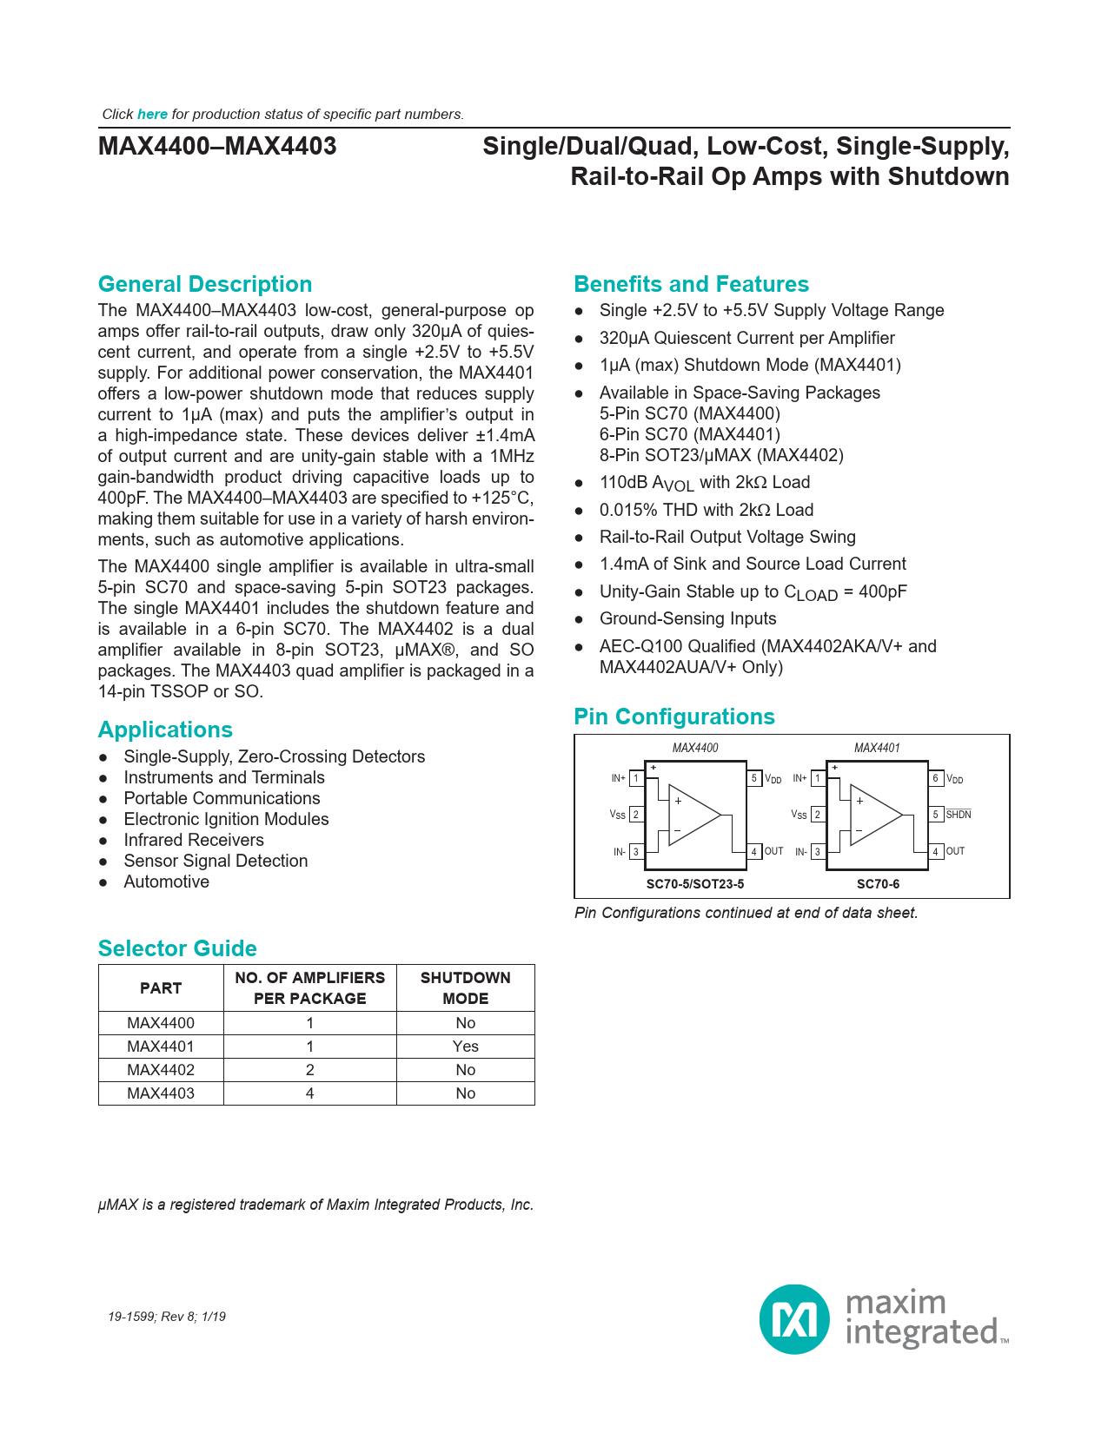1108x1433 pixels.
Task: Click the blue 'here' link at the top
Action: (x=152, y=115)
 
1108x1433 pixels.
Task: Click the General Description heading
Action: (x=205, y=284)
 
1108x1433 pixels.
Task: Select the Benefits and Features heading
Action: (x=691, y=284)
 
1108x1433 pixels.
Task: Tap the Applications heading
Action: (x=165, y=730)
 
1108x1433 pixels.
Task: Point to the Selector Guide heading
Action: (x=177, y=948)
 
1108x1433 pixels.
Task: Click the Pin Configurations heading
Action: (x=673, y=716)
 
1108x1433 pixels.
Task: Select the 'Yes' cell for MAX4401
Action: (x=465, y=1047)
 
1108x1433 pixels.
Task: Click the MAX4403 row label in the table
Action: (x=161, y=1093)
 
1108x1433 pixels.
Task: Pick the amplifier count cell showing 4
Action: (x=309, y=1093)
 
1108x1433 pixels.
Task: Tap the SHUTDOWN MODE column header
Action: (x=465, y=988)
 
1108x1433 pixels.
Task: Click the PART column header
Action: (x=161, y=988)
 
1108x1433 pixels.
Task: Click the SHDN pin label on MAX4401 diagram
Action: (x=959, y=815)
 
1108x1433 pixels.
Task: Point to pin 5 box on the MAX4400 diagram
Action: (x=755, y=778)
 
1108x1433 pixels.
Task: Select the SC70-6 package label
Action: (x=878, y=884)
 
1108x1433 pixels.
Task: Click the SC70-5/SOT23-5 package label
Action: (x=694, y=884)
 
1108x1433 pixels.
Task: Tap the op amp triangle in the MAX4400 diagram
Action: (x=693, y=816)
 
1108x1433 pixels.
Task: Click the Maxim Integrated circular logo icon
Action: (x=794, y=1319)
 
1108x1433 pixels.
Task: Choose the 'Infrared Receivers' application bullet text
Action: (x=194, y=840)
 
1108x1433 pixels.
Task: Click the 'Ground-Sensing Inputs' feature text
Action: (x=687, y=618)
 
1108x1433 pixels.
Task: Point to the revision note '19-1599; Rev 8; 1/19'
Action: (x=167, y=1317)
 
